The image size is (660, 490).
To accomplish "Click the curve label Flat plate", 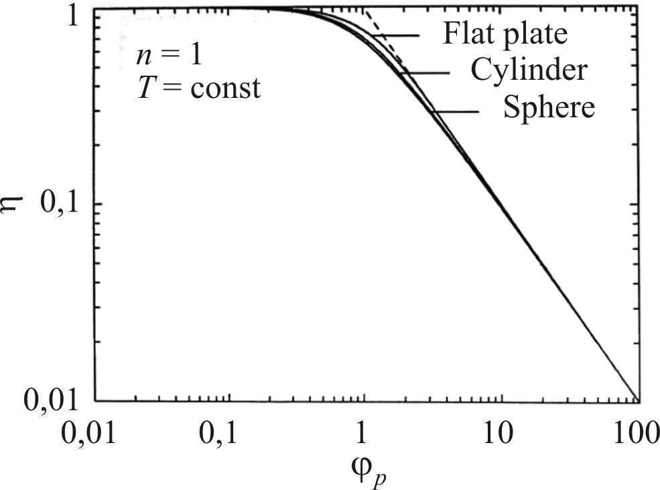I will click(x=504, y=35).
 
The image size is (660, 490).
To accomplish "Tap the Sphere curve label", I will click(x=549, y=107).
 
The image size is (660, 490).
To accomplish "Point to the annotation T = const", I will click(x=197, y=88).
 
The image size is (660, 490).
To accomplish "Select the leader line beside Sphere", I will click(x=456, y=111).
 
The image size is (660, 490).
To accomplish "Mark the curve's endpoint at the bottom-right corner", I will click(x=636, y=399).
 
